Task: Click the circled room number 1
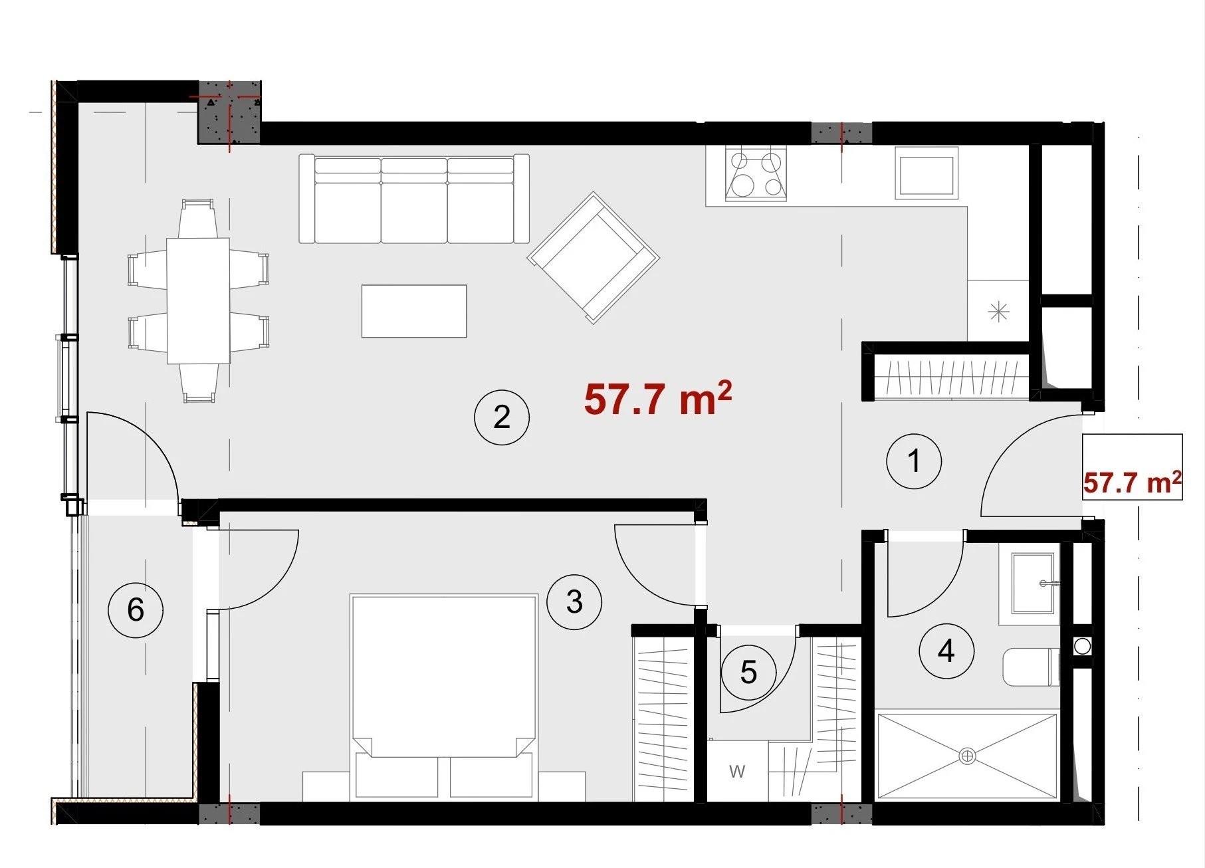(x=914, y=461)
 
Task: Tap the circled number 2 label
(x=502, y=417)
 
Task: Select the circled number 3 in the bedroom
(x=574, y=602)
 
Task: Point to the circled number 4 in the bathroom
(x=946, y=651)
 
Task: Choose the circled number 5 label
(x=748, y=673)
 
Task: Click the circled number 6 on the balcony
(x=136, y=609)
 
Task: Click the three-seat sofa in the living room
(x=414, y=199)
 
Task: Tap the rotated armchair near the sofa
(x=594, y=257)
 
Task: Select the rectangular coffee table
(x=414, y=311)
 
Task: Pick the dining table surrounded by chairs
(x=198, y=300)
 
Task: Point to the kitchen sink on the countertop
(x=927, y=173)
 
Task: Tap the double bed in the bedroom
(x=443, y=697)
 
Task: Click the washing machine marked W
(x=737, y=772)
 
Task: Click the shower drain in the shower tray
(x=967, y=756)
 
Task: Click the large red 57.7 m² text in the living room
(x=658, y=398)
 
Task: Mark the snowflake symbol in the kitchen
(x=999, y=312)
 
